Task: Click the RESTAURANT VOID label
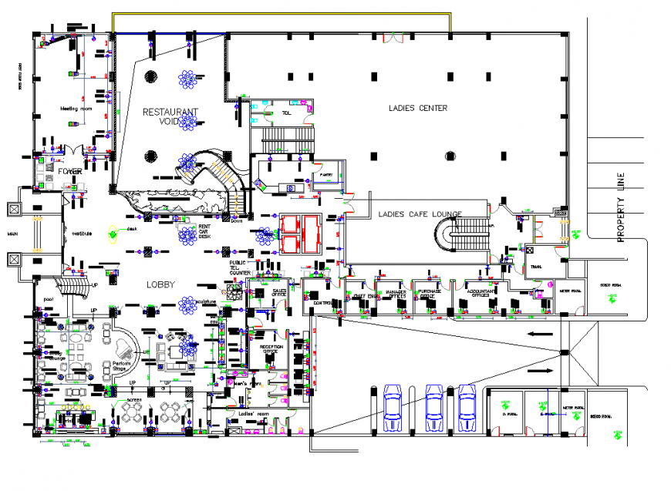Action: pyautogui.click(x=170, y=116)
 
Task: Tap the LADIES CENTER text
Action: pyautogui.click(x=417, y=108)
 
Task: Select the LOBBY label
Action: pyautogui.click(x=160, y=284)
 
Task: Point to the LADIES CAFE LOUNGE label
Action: pyautogui.click(x=420, y=214)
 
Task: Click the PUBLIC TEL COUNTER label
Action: pyautogui.click(x=240, y=267)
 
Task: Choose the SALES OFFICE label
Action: pyautogui.click(x=279, y=293)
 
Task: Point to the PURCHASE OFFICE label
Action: pyautogui.click(x=427, y=294)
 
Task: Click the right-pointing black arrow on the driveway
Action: pyautogui.click(x=544, y=371)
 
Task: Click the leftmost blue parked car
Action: pyautogui.click(x=393, y=407)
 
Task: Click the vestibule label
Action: pyautogui.click(x=83, y=234)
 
